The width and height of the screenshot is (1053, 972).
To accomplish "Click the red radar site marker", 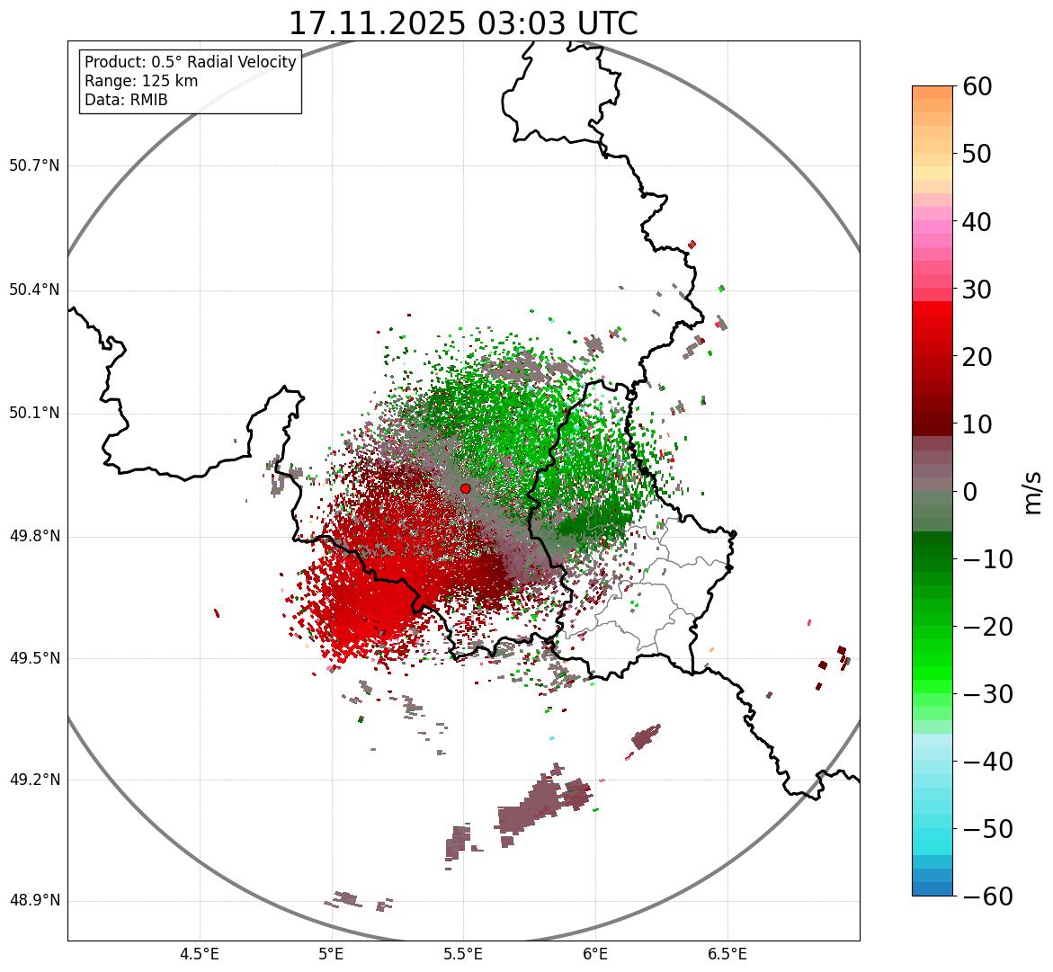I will (465, 488).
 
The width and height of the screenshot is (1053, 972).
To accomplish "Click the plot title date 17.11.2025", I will (377, 23).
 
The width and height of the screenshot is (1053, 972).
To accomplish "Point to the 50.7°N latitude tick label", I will (33, 166).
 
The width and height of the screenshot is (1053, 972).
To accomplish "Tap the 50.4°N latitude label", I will (33, 290).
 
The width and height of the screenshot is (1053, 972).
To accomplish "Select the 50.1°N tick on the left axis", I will (33, 414).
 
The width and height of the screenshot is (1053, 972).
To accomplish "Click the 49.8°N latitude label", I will (33, 537).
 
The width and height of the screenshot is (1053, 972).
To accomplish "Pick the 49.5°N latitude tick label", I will (33, 659).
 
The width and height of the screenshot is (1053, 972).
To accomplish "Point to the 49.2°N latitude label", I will (33, 780).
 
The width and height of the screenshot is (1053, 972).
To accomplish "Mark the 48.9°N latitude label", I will (33, 901).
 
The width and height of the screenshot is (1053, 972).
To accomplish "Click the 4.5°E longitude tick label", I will (200, 954).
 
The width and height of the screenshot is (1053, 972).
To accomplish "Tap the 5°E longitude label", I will (332, 954).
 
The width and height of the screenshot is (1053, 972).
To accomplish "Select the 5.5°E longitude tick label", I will (463, 954).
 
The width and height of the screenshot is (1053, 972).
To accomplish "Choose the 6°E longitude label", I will (595, 954).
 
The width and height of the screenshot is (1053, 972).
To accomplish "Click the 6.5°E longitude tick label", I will (727, 954).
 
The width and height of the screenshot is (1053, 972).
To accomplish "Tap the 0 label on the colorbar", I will (970, 492).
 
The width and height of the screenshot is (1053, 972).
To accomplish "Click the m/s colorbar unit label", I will (1032, 492).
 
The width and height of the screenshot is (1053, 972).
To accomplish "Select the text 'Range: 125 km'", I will (141, 81).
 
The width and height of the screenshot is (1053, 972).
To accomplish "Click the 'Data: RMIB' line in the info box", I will (126, 100).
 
